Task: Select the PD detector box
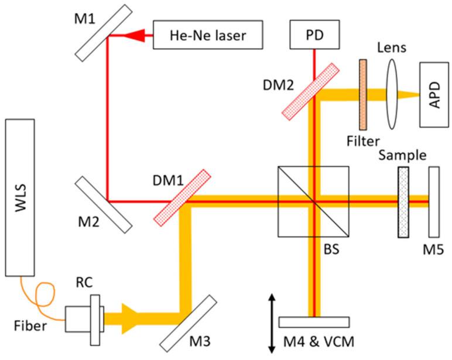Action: [x=314, y=36]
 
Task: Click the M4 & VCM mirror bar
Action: [x=314, y=322]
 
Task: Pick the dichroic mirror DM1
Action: [x=182, y=197]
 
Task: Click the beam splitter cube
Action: [x=314, y=201]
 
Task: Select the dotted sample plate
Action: [x=403, y=202]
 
